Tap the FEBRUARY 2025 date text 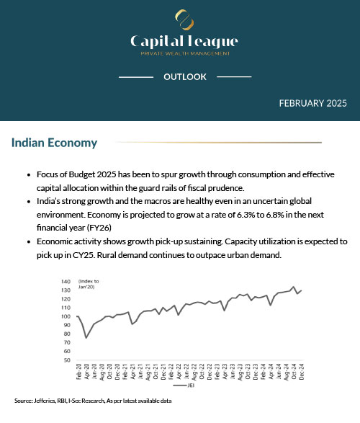tap(312, 103)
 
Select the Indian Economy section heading tap(54, 143)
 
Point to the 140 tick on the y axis tap(66, 282)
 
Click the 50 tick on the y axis tap(67, 360)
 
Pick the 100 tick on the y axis tap(66, 316)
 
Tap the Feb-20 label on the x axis tap(78, 373)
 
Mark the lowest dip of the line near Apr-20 tap(86, 337)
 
